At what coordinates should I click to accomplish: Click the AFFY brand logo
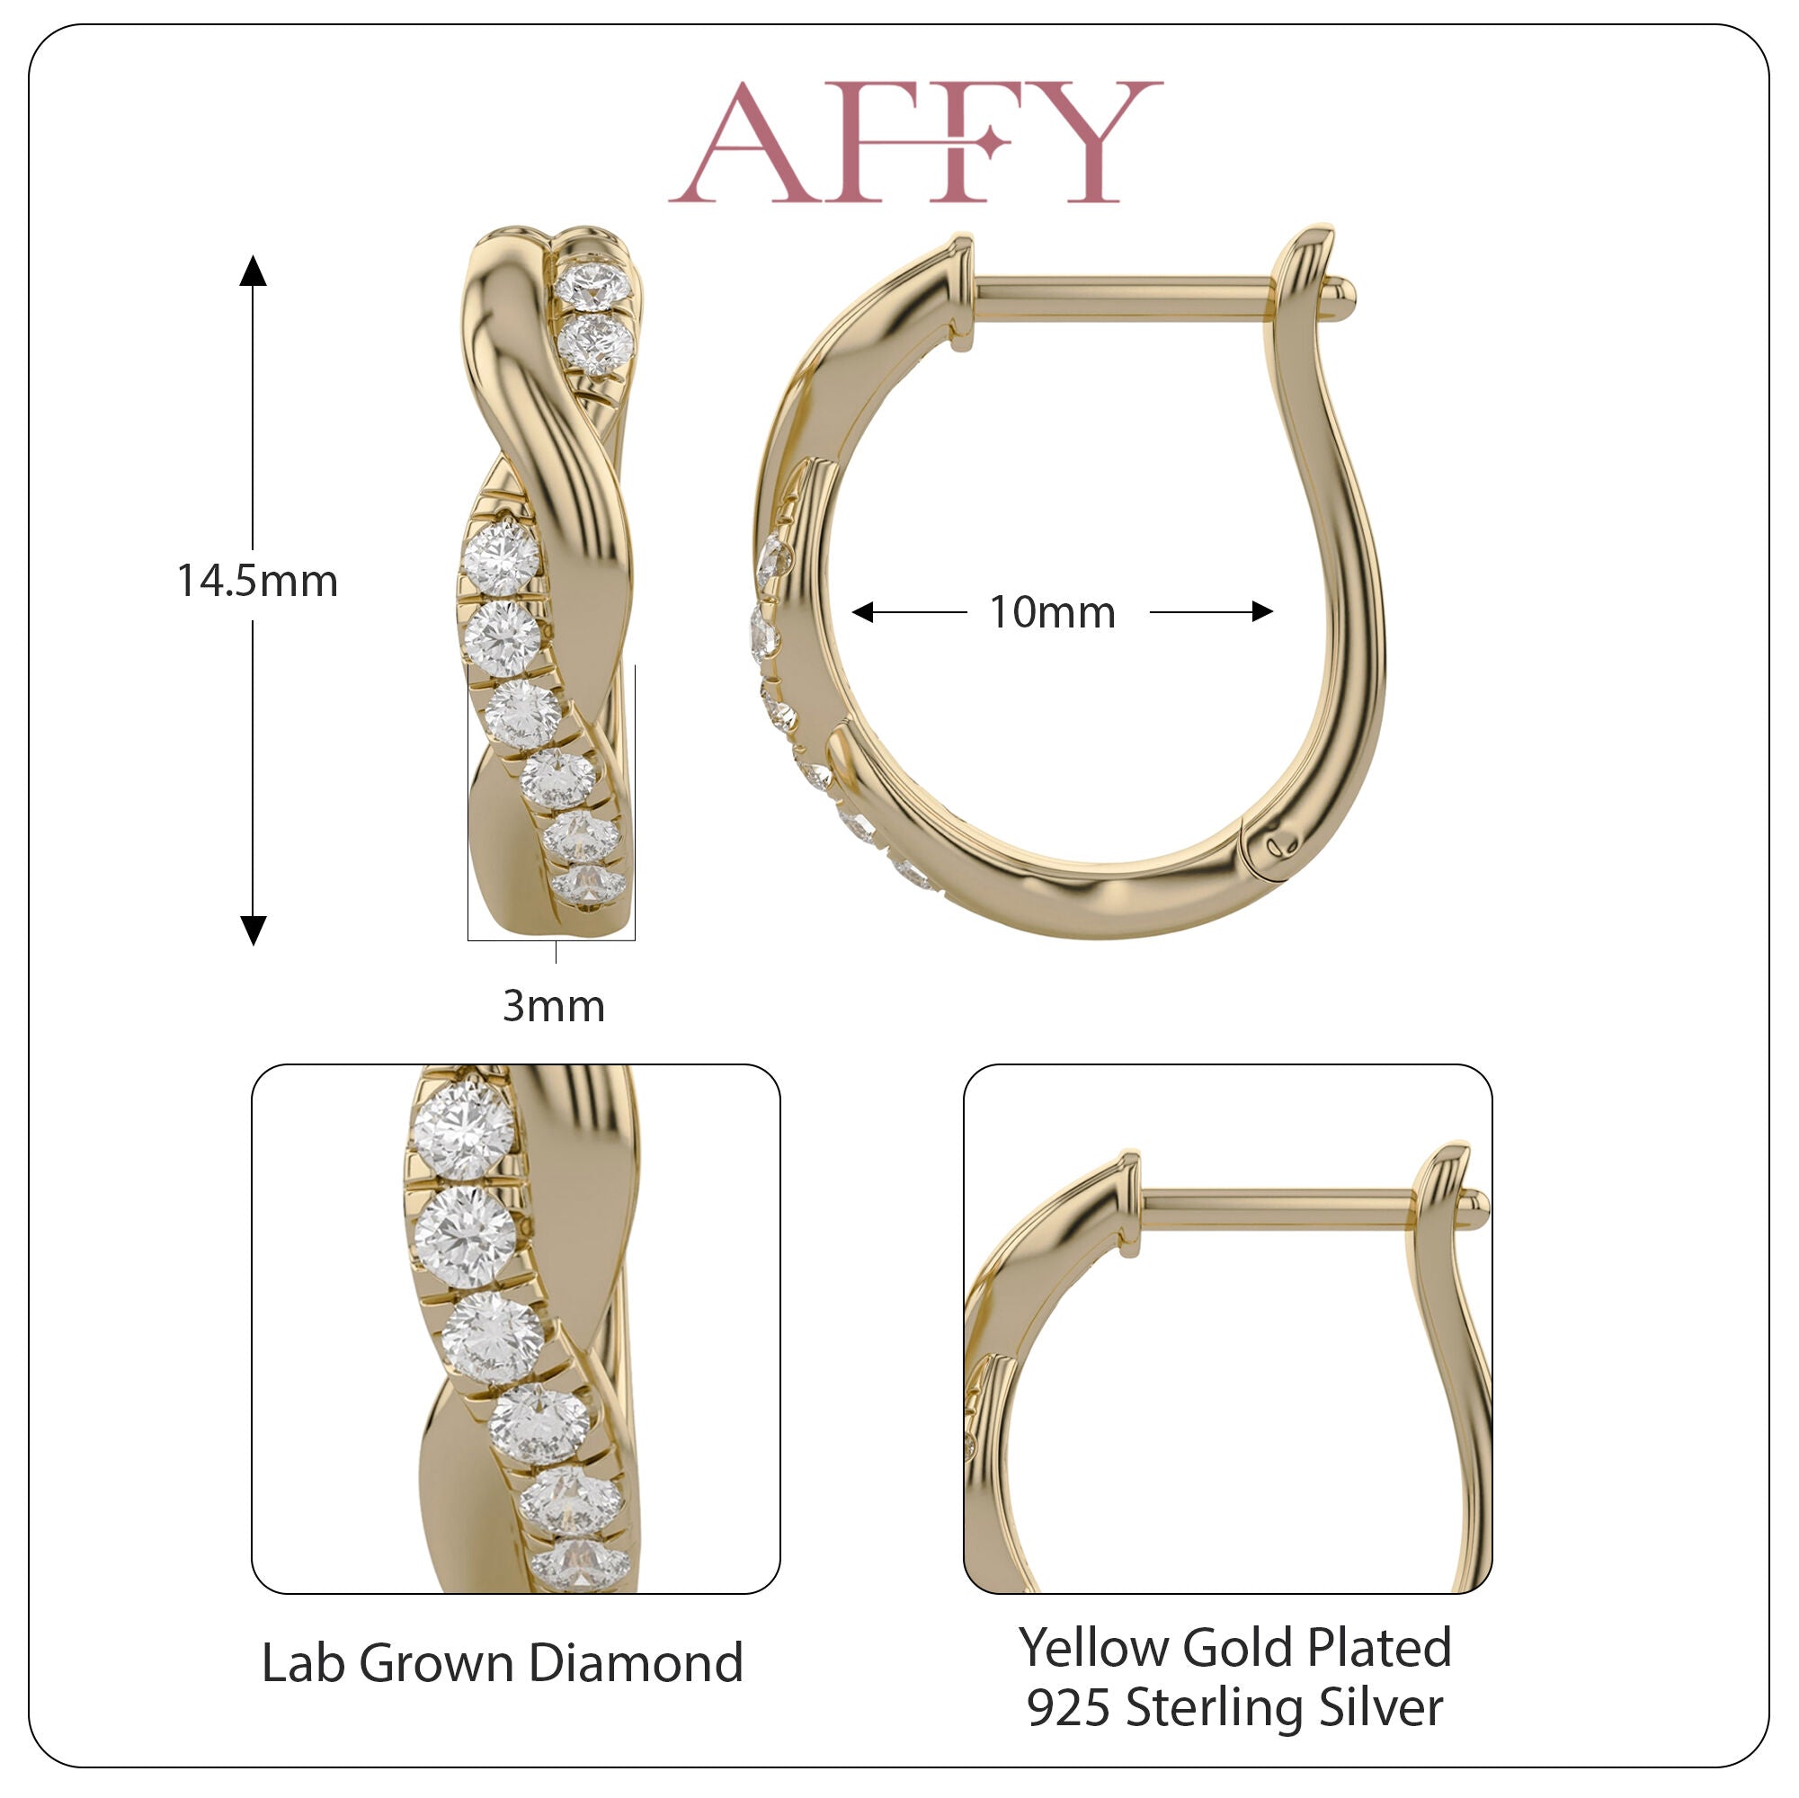point(915,141)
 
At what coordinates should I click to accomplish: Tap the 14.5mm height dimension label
point(257,581)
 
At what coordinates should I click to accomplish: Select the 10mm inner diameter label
point(1052,611)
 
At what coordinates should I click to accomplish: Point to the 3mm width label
point(554,1006)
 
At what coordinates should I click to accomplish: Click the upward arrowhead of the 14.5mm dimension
point(254,270)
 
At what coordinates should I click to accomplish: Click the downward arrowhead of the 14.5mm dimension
point(254,930)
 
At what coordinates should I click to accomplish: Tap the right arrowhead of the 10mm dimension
point(1261,611)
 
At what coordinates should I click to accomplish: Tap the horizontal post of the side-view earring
point(1122,298)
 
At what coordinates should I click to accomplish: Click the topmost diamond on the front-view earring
point(593,285)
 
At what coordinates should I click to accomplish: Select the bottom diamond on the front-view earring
point(586,885)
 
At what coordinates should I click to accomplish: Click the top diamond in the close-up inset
point(464,1130)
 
